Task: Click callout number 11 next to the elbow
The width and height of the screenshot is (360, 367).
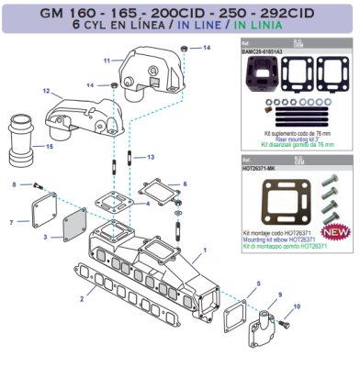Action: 107,61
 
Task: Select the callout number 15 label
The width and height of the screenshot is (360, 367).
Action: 50,146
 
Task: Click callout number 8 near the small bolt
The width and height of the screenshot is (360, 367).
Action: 14,185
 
